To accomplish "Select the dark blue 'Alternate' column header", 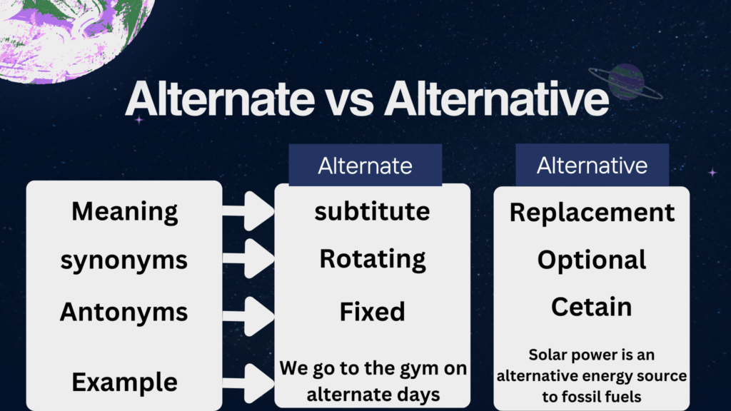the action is coord(365,165).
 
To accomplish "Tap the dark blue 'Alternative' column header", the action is coord(592,165).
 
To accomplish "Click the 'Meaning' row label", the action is coord(124,211).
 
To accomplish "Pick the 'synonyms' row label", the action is coord(124,260).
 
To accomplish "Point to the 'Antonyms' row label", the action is coord(124,311).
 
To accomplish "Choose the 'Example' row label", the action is coord(124,382).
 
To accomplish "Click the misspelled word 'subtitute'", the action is coord(372,211).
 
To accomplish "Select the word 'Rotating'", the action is coord(373,259).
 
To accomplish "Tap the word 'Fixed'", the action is coord(372,311).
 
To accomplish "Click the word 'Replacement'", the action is coord(592,213).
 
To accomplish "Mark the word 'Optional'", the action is coord(592,260).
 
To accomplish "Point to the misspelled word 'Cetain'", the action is coord(592,307).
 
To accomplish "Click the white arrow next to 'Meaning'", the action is coord(248,211).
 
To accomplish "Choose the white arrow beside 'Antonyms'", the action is coord(248,316).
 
